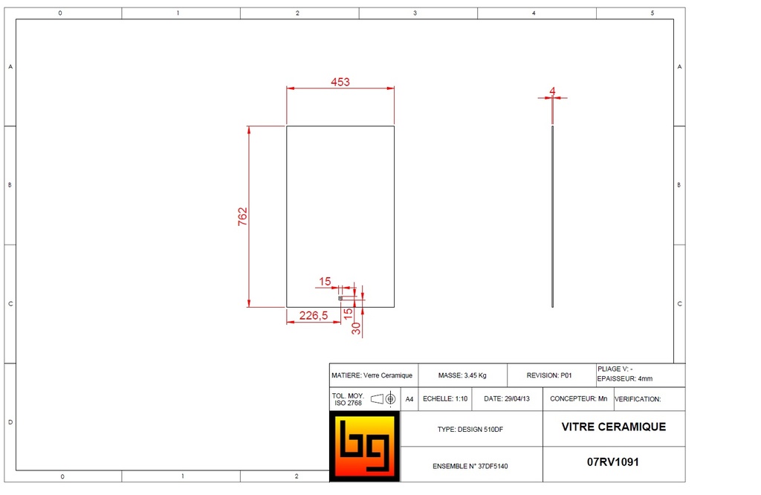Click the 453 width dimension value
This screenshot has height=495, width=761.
pos(340,82)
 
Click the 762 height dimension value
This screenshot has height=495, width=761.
pos(242,216)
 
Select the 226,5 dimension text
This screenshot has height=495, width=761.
pos(313,315)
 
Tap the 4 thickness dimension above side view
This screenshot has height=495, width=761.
pos(552,91)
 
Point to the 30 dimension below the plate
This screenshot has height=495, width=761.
pos(357,328)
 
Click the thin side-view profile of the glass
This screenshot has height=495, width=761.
pos(553,216)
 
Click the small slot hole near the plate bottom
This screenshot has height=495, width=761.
pos(342,299)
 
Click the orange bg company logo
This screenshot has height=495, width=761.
pos(364,446)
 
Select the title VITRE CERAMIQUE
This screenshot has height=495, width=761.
pos(613,427)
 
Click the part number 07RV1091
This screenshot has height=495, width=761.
pos(613,462)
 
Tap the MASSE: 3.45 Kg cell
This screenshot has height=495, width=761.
pos(462,375)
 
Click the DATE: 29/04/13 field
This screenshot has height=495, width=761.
pos(506,398)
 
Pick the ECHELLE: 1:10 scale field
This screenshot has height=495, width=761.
pos(445,398)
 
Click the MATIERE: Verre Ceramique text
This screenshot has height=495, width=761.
pos(372,375)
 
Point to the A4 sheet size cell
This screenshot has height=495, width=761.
pos(409,399)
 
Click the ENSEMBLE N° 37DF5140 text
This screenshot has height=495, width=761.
pos(470,466)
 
